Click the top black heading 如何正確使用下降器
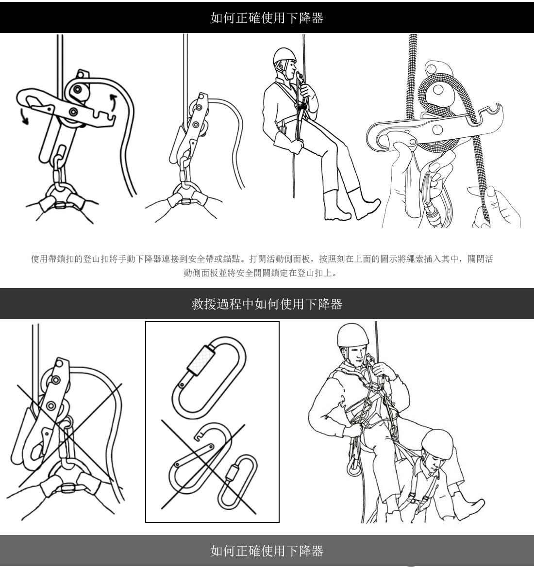[x=267, y=18]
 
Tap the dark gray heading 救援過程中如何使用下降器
[x=267, y=304]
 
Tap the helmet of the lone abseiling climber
[x=284, y=56]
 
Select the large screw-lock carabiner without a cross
[x=209, y=377]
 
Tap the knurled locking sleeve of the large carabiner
[x=200, y=359]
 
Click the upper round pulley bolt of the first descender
[x=77, y=89]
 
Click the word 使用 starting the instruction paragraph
[x=39, y=259]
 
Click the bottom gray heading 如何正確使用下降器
[x=267, y=551]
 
